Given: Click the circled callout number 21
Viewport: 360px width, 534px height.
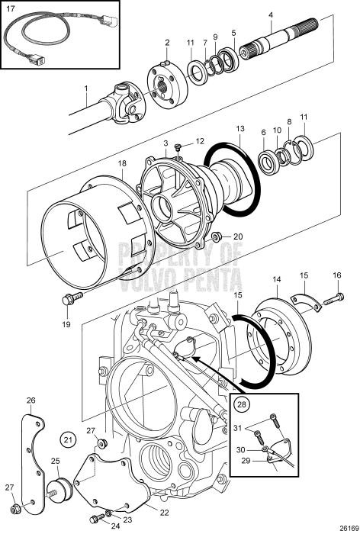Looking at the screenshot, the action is coord(69,439).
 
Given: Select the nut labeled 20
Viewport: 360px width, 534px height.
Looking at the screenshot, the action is coord(216,236).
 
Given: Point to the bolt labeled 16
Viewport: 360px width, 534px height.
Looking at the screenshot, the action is coord(334,299).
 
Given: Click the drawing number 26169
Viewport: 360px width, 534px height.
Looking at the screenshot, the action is coord(350,528).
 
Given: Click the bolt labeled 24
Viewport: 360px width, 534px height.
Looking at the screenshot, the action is coord(97,518).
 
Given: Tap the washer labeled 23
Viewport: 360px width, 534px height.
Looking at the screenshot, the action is coord(109,513).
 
